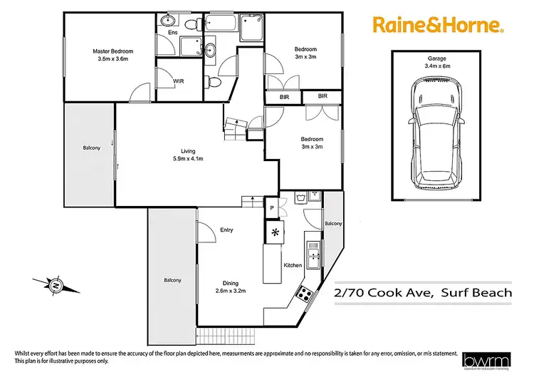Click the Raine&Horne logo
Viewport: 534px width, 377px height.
click(440, 26)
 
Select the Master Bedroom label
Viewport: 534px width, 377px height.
click(112, 55)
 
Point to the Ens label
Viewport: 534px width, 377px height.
click(172, 33)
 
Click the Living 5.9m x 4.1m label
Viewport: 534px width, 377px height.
click(188, 154)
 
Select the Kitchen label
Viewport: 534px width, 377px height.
click(293, 265)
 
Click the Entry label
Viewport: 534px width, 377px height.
click(226, 229)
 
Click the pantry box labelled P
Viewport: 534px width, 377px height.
click(271, 207)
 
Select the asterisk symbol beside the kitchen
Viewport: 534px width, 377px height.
click(276, 231)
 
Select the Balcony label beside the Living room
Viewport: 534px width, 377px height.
click(91, 148)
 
